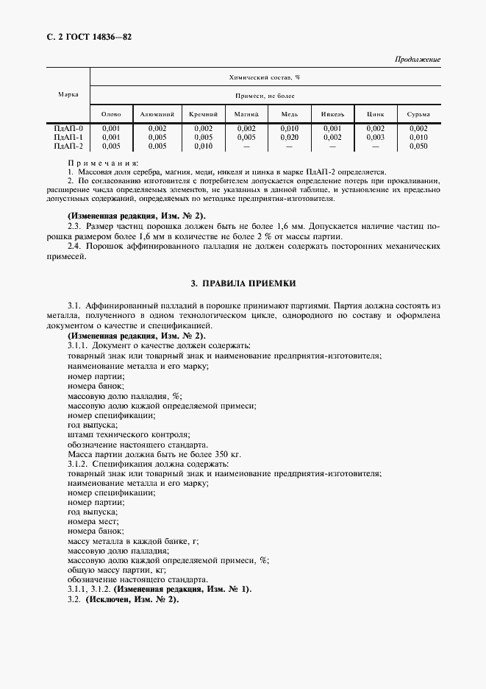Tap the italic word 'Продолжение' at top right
(x=418, y=59)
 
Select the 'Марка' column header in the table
(x=68, y=95)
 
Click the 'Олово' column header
(x=110, y=114)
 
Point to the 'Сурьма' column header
(x=418, y=114)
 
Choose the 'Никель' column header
(x=332, y=114)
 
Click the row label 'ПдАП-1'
(x=68, y=137)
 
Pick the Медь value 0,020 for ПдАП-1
(x=289, y=137)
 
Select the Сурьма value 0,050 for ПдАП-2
(x=418, y=146)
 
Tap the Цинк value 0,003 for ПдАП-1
(x=375, y=137)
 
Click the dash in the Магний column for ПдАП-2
(x=246, y=146)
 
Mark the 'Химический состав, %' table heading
(x=265, y=77)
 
